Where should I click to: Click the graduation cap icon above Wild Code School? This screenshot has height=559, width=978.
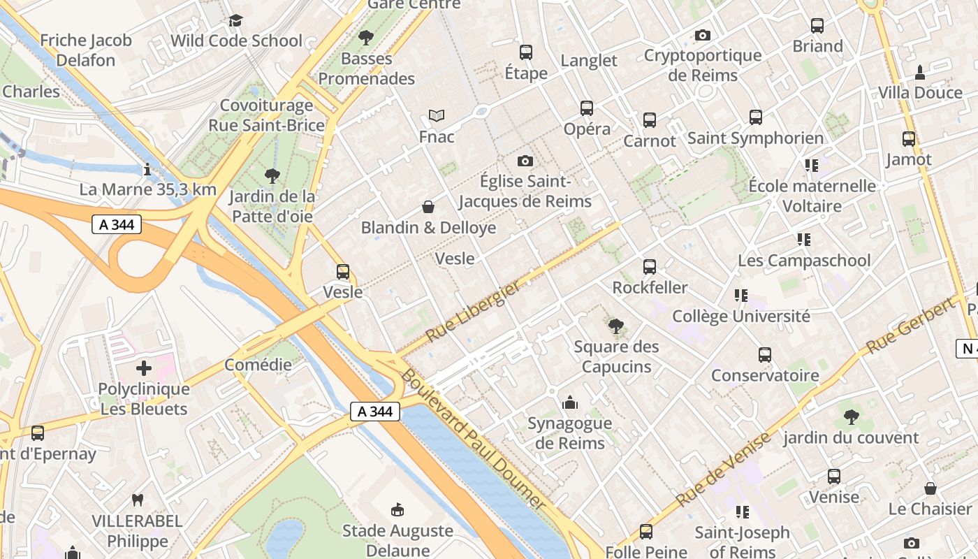click(x=236, y=20)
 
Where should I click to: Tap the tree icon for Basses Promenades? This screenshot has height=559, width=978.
click(x=365, y=38)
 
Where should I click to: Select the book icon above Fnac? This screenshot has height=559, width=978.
click(x=437, y=115)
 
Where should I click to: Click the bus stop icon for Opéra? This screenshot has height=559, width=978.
click(x=587, y=108)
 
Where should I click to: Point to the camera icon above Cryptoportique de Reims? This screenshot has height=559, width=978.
click(x=703, y=35)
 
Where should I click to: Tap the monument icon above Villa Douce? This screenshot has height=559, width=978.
click(x=920, y=72)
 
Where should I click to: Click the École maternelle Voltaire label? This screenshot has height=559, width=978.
click(x=812, y=196)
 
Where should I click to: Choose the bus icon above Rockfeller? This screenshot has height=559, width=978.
click(x=650, y=267)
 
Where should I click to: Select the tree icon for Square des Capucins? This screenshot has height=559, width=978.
click(x=616, y=326)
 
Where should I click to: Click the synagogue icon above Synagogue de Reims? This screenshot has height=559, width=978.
click(x=570, y=402)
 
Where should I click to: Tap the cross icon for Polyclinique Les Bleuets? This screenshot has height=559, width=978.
click(x=144, y=368)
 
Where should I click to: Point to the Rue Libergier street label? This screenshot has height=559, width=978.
click(x=473, y=312)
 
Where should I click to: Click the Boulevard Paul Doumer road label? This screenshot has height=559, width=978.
click(x=472, y=439)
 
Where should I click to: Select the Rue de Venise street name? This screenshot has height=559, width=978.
click(x=723, y=469)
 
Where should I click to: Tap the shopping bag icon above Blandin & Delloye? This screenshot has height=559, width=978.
click(x=428, y=207)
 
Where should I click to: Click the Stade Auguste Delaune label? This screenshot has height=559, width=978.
click(x=397, y=540)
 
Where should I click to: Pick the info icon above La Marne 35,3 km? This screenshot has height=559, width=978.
click(x=147, y=169)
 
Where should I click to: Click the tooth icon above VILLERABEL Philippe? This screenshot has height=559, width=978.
click(x=138, y=500)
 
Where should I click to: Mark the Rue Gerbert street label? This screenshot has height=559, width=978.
click(x=910, y=325)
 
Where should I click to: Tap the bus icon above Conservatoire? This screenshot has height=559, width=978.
click(x=765, y=355)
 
